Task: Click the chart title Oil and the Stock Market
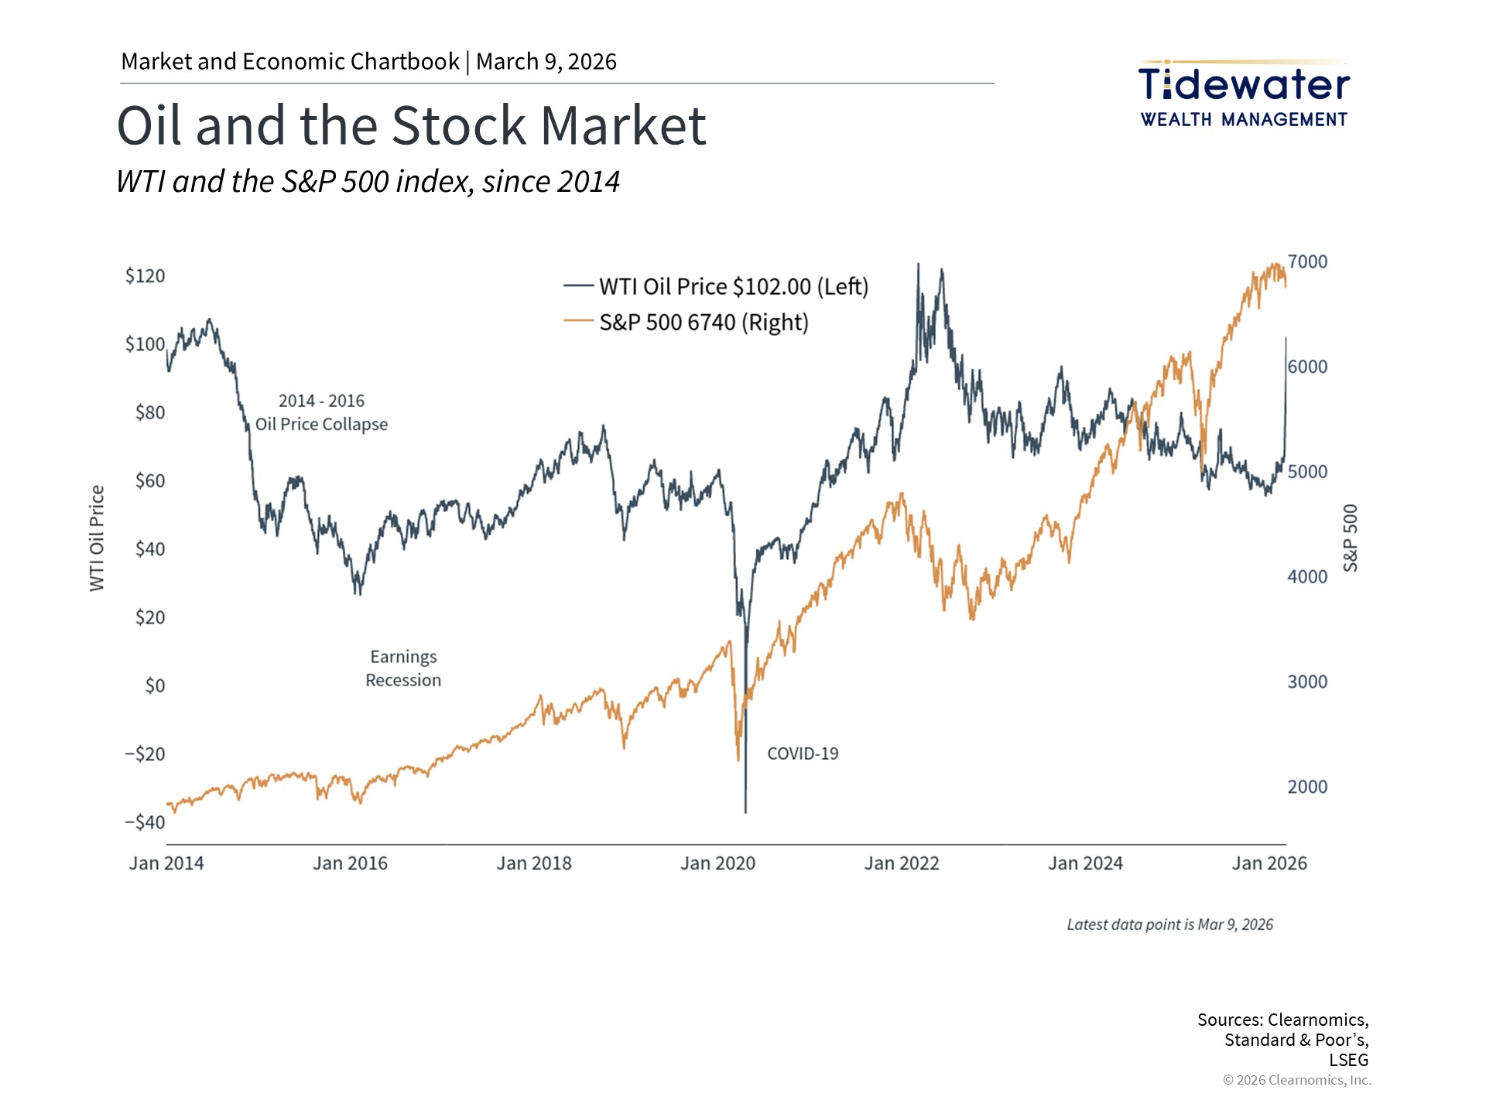[411, 125]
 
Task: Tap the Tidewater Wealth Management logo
[1244, 94]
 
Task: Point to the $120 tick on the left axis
[145, 276]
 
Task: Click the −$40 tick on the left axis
[145, 822]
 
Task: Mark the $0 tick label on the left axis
[155, 685]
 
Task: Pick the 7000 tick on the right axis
[1307, 261]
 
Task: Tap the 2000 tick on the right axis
[1307, 787]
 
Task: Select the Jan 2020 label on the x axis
[717, 863]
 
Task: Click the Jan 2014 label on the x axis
[166, 863]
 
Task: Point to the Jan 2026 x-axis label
[1269, 863]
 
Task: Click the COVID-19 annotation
[803, 753]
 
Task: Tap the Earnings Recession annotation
[403, 668]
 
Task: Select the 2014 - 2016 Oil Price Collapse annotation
[321, 412]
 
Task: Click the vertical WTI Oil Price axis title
[97, 538]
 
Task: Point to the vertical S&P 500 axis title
[1350, 538]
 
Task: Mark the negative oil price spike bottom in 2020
[745, 811]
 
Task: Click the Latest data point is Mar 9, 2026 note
[1169, 924]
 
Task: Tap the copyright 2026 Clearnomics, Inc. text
[1296, 1080]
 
